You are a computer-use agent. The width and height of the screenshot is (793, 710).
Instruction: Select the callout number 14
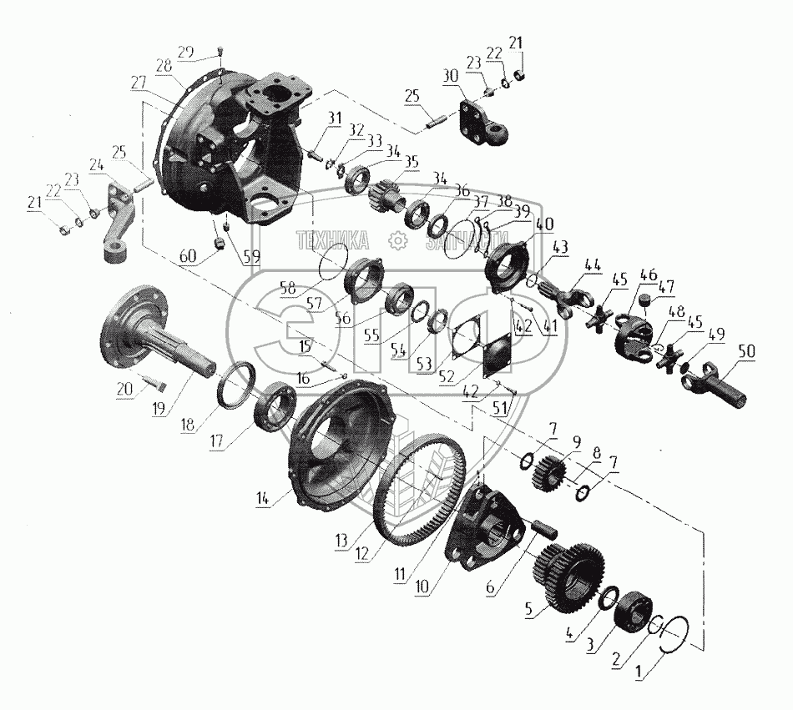(x=262, y=498)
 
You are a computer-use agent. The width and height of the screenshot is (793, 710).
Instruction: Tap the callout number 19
(x=159, y=408)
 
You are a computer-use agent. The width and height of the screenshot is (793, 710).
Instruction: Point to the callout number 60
(x=187, y=257)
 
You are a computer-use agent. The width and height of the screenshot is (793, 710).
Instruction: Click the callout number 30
(x=450, y=76)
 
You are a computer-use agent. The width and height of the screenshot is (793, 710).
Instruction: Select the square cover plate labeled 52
(x=497, y=355)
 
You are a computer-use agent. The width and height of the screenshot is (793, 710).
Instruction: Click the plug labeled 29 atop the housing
(x=221, y=51)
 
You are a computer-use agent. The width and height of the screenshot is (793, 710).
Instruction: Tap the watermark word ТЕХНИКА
(x=333, y=240)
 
